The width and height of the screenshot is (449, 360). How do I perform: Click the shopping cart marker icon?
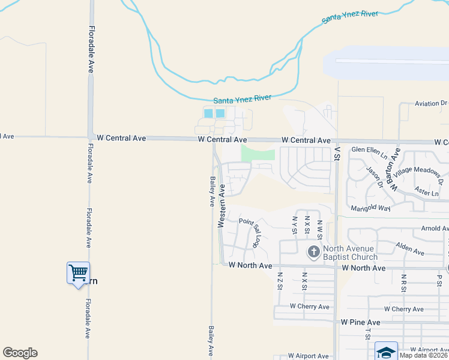click(x=78, y=273)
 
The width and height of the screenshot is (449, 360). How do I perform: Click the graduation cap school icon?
click(x=386, y=352)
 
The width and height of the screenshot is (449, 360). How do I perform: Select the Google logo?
click(x=20, y=353)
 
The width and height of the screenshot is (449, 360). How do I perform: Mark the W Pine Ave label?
click(x=361, y=322)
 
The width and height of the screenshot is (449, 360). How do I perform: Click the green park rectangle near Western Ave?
click(x=258, y=154)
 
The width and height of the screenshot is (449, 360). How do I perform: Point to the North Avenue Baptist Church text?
click(x=350, y=253)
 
